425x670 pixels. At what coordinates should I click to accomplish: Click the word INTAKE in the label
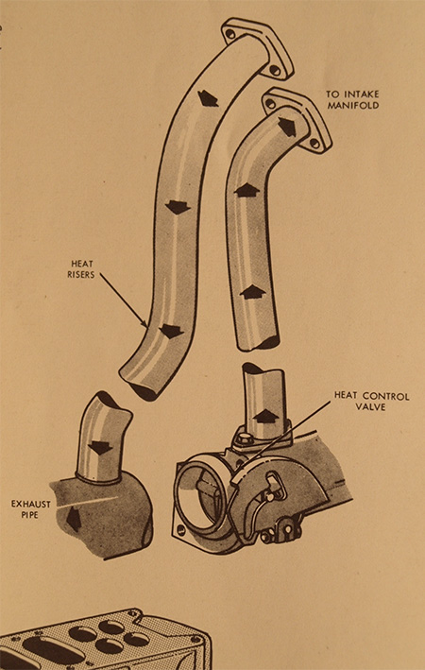point(360,94)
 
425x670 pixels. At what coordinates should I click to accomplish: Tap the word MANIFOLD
point(353,105)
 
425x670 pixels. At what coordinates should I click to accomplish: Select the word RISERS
point(80,274)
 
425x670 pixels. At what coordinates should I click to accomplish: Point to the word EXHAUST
point(31,505)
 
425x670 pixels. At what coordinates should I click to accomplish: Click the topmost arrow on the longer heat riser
point(208,99)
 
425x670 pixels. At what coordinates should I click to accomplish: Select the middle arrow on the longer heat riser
point(178,207)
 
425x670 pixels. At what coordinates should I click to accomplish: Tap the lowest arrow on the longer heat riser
point(171,331)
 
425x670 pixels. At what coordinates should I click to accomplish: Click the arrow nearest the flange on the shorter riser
point(287,127)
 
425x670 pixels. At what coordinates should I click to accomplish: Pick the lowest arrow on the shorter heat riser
point(253,292)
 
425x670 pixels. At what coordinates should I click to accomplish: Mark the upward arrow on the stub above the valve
point(265,416)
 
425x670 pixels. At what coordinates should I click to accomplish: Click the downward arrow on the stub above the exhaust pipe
point(100,447)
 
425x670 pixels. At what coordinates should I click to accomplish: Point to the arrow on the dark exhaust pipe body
point(74,518)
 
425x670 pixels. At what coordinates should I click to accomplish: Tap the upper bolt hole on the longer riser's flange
point(230,34)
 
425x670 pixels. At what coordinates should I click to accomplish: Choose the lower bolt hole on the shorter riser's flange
point(315,144)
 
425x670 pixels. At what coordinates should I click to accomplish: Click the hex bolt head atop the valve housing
point(241,438)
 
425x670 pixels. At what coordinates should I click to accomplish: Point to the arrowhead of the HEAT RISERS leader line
point(145,325)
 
